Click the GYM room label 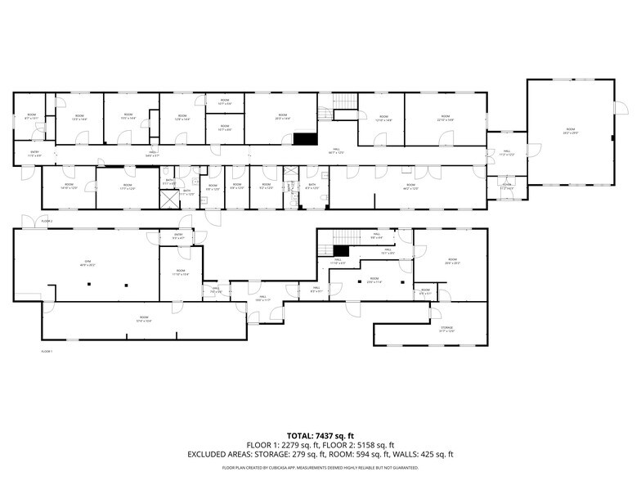pyautogui.click(x=83, y=263)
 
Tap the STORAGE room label pyautogui.click(x=446, y=329)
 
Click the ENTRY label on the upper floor pyautogui.click(x=34, y=153)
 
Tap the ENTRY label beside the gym pyautogui.click(x=178, y=236)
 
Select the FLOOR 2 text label pyautogui.click(x=47, y=222)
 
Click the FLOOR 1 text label pyautogui.click(x=47, y=351)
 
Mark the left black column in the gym pyautogui.click(x=88, y=285)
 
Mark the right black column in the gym pyautogui.click(x=127, y=285)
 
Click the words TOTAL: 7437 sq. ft pyautogui.click(x=320, y=435)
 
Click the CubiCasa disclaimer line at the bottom pyautogui.click(x=320, y=468)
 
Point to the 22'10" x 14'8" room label pyautogui.click(x=446, y=119)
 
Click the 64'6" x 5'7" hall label pyautogui.click(x=152, y=153)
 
